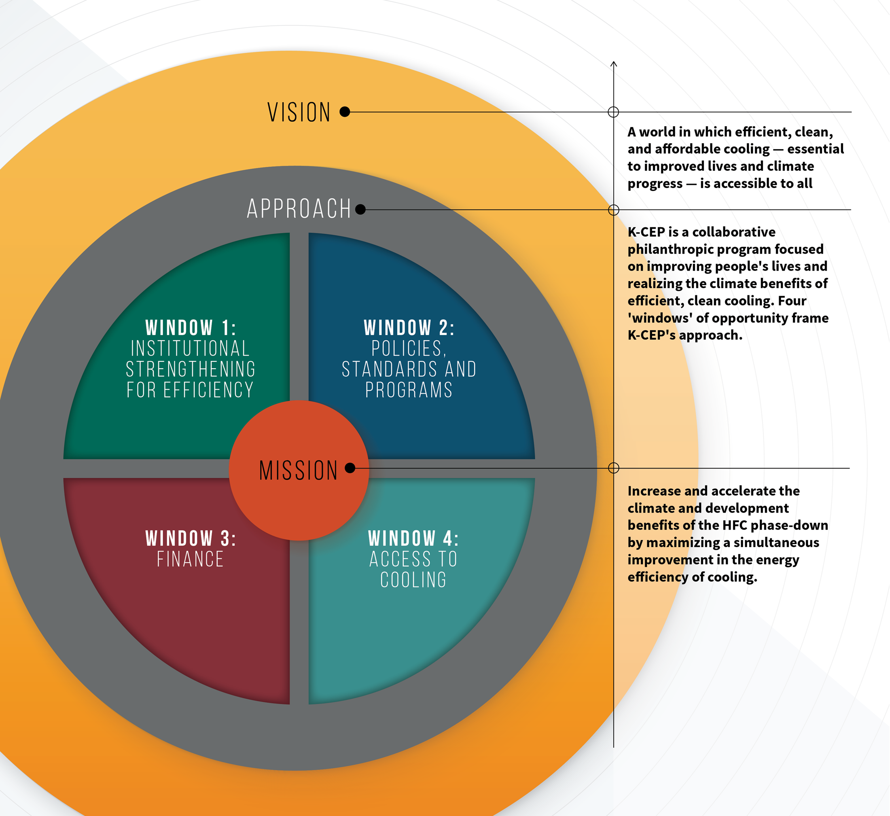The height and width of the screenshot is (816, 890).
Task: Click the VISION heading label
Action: point(299,112)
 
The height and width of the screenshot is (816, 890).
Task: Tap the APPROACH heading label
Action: point(299,208)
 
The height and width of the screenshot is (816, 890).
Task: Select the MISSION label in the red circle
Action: point(299,470)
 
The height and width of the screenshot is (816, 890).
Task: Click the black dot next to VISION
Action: point(345,112)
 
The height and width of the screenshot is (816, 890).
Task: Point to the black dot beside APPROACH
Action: point(360,209)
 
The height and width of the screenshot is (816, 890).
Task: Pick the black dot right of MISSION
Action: point(350,468)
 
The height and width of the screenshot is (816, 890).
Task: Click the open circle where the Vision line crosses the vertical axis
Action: point(613,112)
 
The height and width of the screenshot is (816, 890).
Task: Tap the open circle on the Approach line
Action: point(613,210)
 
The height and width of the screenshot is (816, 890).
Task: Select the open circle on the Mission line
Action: point(613,468)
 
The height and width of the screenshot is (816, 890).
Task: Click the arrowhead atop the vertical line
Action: point(613,64)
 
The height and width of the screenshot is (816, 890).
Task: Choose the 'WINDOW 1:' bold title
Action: point(191,328)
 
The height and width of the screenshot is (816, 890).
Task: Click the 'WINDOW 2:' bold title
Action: point(409,328)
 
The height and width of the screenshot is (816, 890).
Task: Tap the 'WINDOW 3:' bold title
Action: point(191,539)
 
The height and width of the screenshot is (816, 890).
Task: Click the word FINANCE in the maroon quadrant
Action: point(190,559)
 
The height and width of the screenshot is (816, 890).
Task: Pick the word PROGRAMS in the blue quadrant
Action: point(409,390)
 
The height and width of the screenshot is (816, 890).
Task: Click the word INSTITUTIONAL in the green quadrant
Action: point(190,348)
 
